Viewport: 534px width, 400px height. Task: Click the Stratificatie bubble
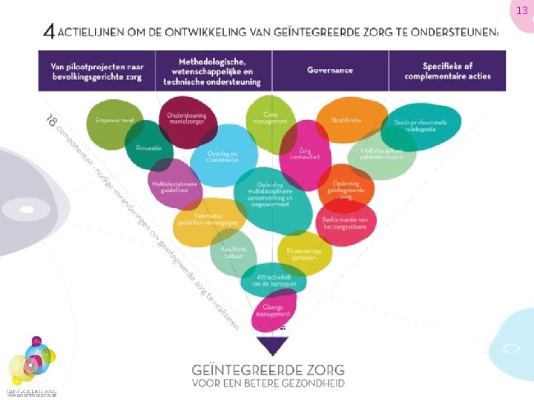pyautogui.click(x=346, y=119)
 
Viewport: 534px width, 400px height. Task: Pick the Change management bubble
pyautogui.click(x=274, y=310)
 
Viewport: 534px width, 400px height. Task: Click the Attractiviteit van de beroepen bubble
pyautogui.click(x=272, y=280)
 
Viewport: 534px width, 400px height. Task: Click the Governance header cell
pyautogui.click(x=330, y=71)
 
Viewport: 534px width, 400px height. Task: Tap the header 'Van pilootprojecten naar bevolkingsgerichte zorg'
pyautogui.click(x=97, y=71)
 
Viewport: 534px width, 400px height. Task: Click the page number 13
pyautogui.click(x=521, y=10)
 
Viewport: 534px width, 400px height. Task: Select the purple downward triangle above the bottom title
pyautogui.click(x=272, y=345)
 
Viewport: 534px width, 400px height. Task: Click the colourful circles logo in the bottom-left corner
pyautogui.click(x=31, y=363)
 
